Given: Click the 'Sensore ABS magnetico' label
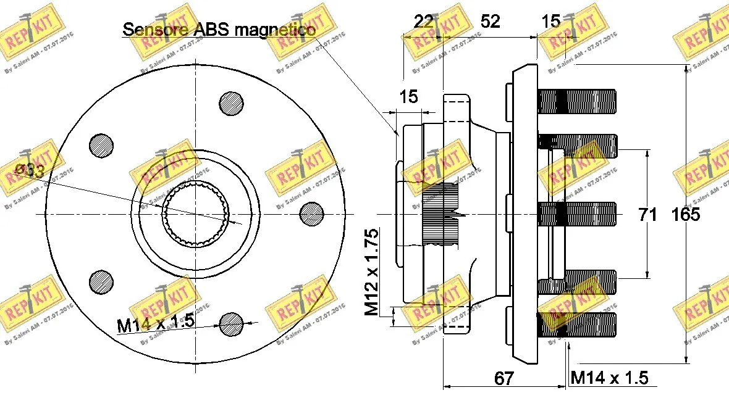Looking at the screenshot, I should (x=219, y=28).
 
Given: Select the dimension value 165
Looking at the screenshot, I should (x=685, y=215).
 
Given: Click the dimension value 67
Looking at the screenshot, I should (x=504, y=378).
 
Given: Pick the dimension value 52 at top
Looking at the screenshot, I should (x=490, y=22).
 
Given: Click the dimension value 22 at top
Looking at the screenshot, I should (x=424, y=22).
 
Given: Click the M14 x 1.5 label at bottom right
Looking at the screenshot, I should (x=609, y=378).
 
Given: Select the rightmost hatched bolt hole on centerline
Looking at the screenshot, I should (x=311, y=213).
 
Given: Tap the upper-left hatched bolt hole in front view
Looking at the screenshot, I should (x=101, y=145).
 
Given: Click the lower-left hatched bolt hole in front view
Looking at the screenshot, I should (x=101, y=281).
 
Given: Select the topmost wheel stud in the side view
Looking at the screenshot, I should (x=577, y=102).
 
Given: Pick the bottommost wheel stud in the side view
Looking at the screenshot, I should (x=577, y=325).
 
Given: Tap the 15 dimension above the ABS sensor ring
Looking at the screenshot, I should (x=408, y=96).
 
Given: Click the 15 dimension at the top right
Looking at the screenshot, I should (x=550, y=22).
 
